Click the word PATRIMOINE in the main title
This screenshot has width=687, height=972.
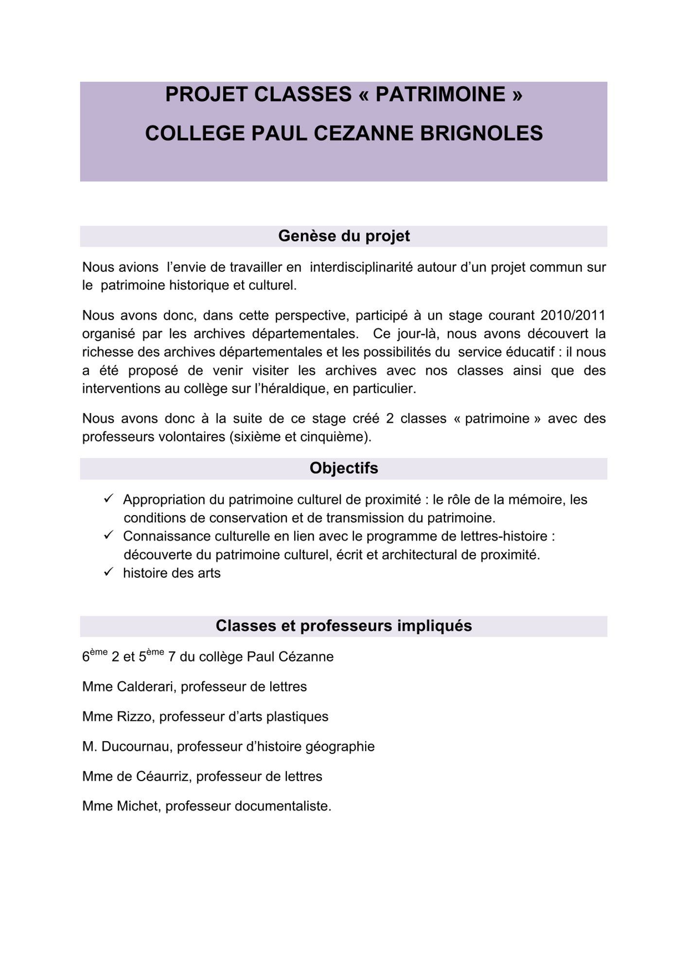(x=440, y=94)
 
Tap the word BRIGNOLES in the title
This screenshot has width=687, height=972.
(x=481, y=133)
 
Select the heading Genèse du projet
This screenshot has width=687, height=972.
(x=344, y=236)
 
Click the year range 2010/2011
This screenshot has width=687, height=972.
(x=573, y=315)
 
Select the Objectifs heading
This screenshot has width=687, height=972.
(x=344, y=469)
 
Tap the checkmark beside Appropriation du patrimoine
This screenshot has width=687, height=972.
(x=108, y=499)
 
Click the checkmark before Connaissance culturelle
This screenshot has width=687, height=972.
(x=108, y=535)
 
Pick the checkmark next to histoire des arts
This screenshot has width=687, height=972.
(x=108, y=572)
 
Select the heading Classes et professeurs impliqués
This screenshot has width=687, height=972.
(x=344, y=626)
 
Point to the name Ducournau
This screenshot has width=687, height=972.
(x=137, y=746)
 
